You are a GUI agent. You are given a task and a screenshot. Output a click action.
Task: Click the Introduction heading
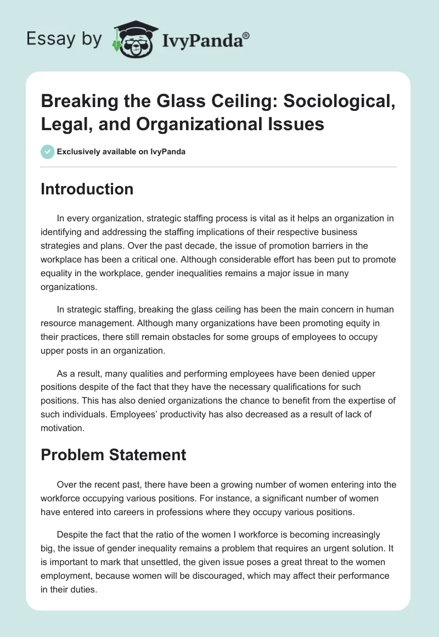coord(87,189)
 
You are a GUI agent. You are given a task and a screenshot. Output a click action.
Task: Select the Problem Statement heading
coord(114,454)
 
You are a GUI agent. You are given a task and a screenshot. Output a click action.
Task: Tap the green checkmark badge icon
coord(47,152)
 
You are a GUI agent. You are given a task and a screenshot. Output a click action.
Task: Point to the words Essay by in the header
coord(64,39)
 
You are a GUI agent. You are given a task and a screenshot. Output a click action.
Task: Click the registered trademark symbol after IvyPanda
coord(246,35)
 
